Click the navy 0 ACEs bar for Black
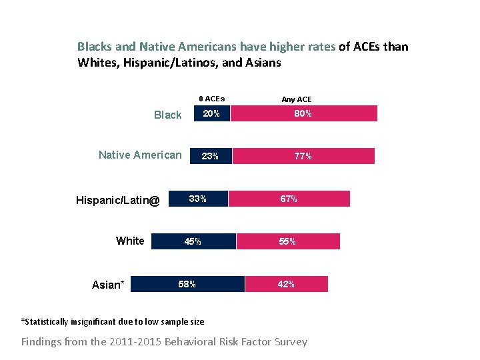(x=211, y=114)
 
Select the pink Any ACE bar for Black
(x=303, y=114)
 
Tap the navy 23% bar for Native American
(x=210, y=157)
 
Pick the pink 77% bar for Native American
(x=303, y=157)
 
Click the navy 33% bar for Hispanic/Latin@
(x=198, y=199)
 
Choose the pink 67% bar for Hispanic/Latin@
(x=289, y=199)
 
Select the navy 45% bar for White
(x=193, y=241)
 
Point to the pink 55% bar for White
(x=288, y=241)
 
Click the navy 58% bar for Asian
(x=188, y=284)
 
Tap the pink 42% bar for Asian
(x=287, y=284)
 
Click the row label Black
(x=167, y=115)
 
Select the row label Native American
(x=140, y=155)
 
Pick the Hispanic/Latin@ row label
(x=118, y=199)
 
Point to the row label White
(x=130, y=241)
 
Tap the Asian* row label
(x=108, y=285)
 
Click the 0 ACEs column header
(x=212, y=99)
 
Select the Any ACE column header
(x=297, y=99)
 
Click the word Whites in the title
(x=96, y=63)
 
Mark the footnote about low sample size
(x=113, y=321)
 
